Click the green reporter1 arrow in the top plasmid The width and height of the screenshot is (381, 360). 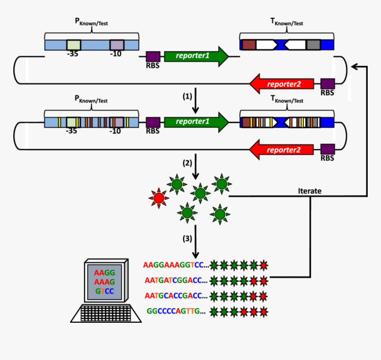(x=195, y=56)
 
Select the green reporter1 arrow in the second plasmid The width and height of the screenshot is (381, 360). (x=195, y=121)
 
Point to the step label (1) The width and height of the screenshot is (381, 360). (x=188, y=96)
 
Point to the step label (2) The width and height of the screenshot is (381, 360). (x=188, y=163)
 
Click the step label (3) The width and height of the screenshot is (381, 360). (x=188, y=239)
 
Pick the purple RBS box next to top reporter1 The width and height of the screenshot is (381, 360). (x=152, y=56)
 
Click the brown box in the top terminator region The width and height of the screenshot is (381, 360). (x=249, y=45)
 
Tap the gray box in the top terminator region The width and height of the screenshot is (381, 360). (x=313, y=45)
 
